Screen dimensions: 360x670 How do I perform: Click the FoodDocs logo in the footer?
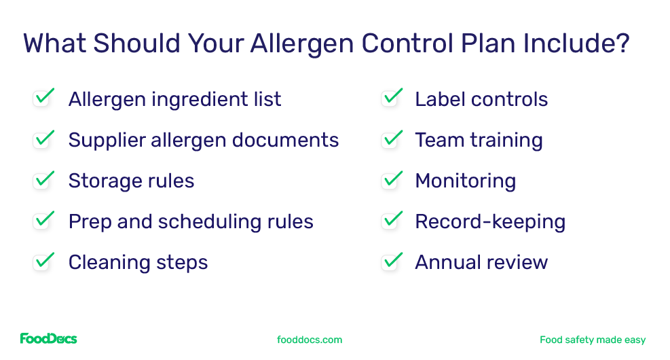(x=48, y=338)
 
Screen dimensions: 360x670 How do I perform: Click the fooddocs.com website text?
(x=310, y=340)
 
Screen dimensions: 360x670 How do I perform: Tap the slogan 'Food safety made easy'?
(x=592, y=340)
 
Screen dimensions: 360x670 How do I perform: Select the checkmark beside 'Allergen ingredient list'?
(x=43, y=98)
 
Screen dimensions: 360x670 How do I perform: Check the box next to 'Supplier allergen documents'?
(x=43, y=139)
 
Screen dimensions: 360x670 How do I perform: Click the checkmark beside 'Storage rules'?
(x=43, y=180)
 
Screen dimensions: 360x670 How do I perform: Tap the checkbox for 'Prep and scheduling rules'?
(x=43, y=221)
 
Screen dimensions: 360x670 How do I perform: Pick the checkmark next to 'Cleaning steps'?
(x=43, y=262)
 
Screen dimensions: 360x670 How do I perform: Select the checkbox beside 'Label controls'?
(x=392, y=98)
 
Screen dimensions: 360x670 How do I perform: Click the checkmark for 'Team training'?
(x=392, y=139)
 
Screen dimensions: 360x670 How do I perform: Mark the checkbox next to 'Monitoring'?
(x=392, y=180)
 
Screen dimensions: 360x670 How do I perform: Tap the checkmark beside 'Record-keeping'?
(x=392, y=221)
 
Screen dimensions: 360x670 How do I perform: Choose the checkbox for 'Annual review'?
(x=392, y=262)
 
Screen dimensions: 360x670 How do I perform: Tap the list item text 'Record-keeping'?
(x=489, y=221)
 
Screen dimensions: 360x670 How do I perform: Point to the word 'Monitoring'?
(x=465, y=181)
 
